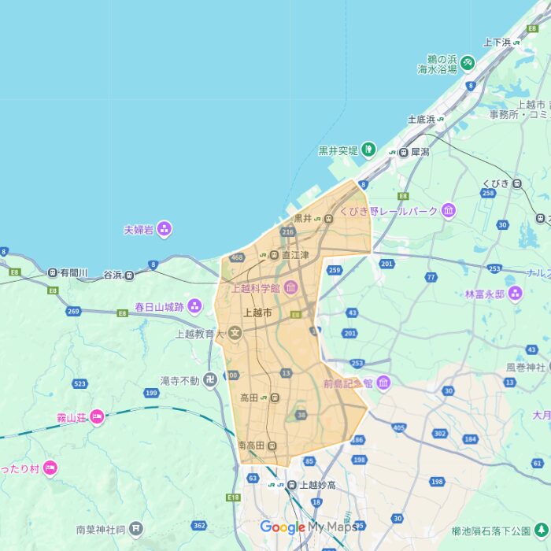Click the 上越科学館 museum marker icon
[290, 288]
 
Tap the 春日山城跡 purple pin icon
[194, 306]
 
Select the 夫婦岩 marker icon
[164, 229]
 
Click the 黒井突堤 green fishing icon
[368, 150]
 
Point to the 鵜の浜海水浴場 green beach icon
[468, 61]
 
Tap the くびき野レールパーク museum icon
[449, 210]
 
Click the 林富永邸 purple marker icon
[515, 294]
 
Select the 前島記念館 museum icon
[383, 383]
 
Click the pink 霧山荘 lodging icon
[97, 417]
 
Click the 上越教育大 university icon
[235, 334]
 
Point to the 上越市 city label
[258, 312]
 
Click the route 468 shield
[237, 257]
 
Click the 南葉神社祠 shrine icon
[137, 527]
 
